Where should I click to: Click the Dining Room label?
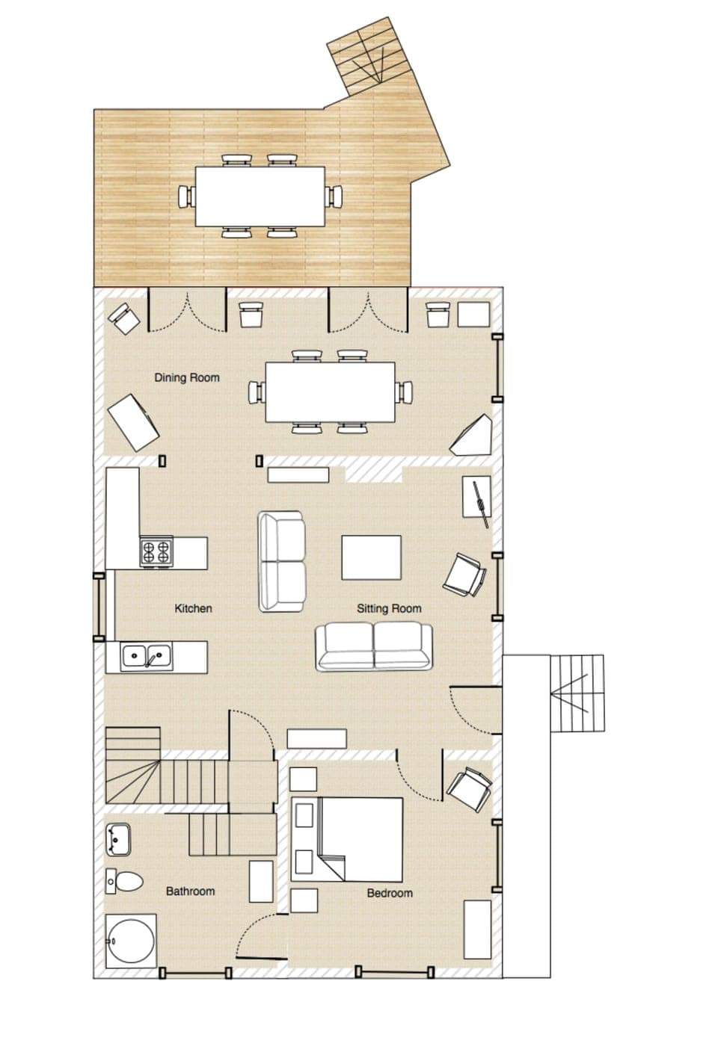187,377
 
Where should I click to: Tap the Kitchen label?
193,608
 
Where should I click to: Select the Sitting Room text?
388,608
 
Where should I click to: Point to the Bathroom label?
190,891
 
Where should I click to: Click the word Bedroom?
389,893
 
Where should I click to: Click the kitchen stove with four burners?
157,551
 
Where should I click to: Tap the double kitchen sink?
147,657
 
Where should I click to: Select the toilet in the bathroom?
124,880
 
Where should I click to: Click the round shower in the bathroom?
131,940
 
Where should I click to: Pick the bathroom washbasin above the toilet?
118,838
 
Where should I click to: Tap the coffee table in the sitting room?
372,557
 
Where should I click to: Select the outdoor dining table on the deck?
260,196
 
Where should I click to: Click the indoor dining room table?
330,392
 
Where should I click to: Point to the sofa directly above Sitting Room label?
373,646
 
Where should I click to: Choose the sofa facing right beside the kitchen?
282,561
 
